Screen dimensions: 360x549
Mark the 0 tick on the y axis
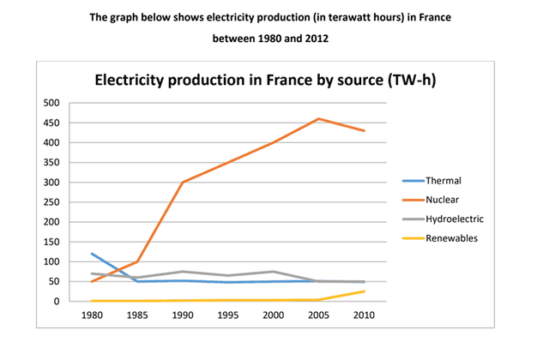point(57,302)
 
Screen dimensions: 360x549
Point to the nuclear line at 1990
point(181,183)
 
